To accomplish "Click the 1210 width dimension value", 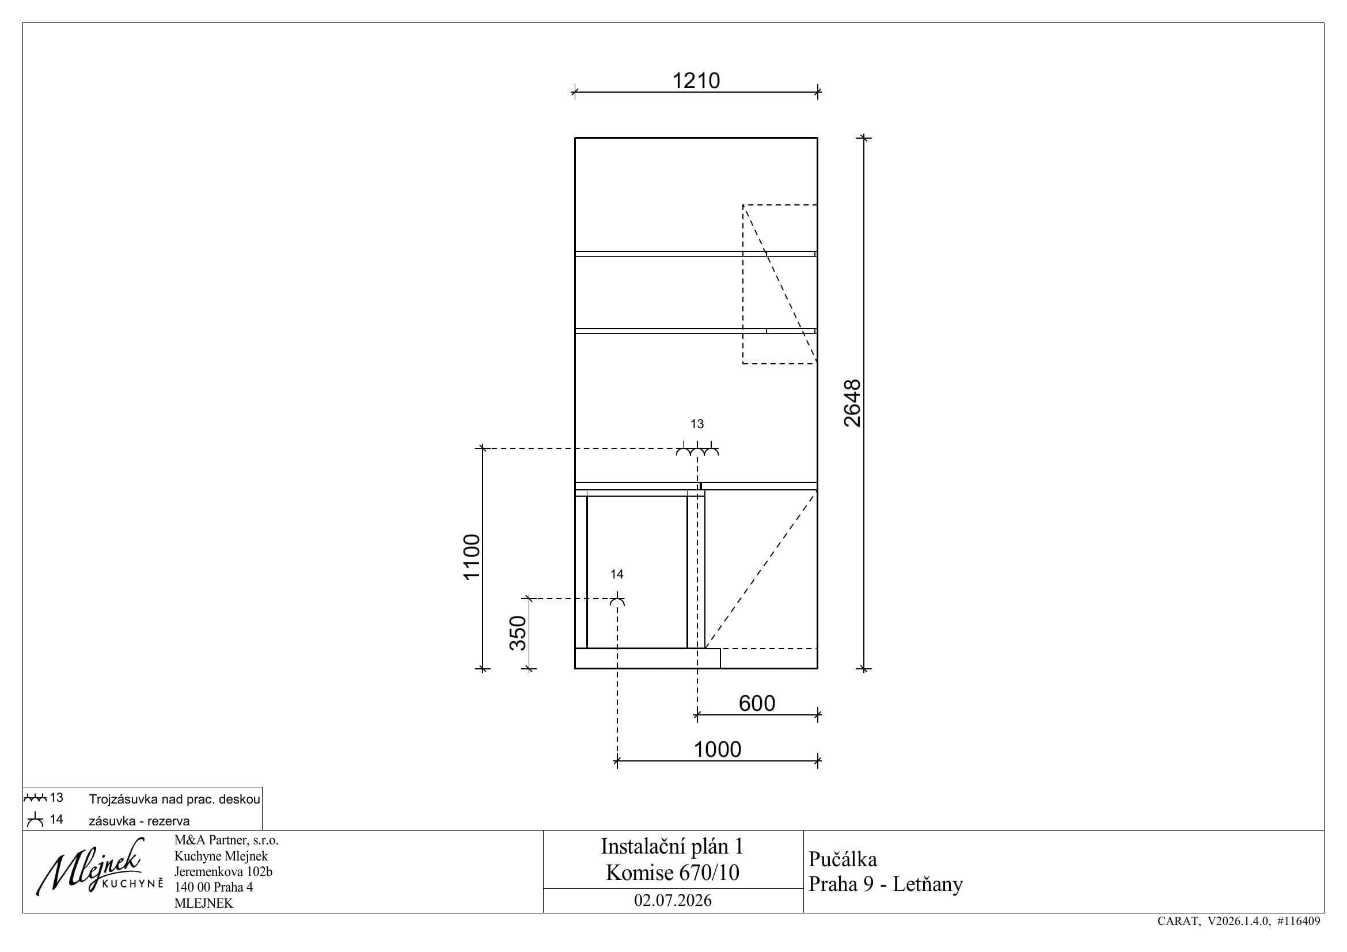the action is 696,81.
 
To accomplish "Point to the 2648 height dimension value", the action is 852,403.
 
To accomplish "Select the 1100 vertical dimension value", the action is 472,557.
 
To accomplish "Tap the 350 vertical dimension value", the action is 518,633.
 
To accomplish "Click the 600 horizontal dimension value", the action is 757,703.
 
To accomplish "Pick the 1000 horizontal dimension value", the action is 718,749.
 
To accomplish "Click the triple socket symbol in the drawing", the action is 697,451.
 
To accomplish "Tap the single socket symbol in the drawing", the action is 617,601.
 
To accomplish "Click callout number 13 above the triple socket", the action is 697,424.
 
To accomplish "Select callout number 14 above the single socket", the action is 617,574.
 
